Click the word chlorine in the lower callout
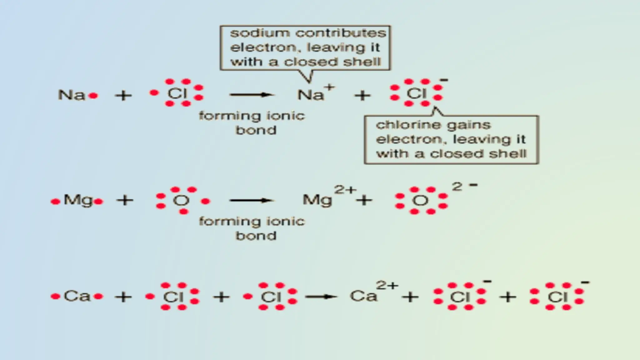[x=403, y=125]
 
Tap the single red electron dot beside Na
[x=93, y=96]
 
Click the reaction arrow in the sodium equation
[x=252, y=95]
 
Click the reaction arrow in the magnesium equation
[x=252, y=200]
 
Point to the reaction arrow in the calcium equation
[x=321, y=297]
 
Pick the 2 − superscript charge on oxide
[x=464, y=186]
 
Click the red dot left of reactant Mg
[x=55, y=202]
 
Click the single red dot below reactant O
[x=184, y=212]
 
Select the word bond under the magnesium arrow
[x=256, y=236]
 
